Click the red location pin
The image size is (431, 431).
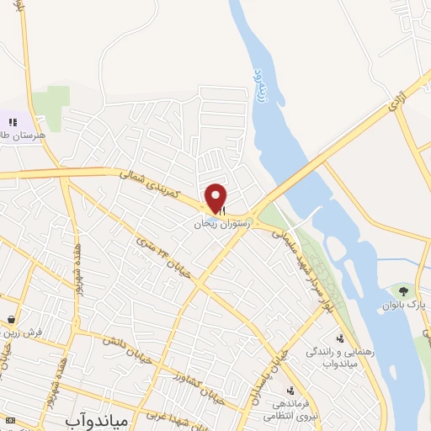[x=216, y=198]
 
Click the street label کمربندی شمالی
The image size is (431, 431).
[x=153, y=184]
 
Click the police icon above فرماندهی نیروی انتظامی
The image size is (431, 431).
[x=290, y=391]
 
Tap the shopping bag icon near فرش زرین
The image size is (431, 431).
[x=11, y=320]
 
